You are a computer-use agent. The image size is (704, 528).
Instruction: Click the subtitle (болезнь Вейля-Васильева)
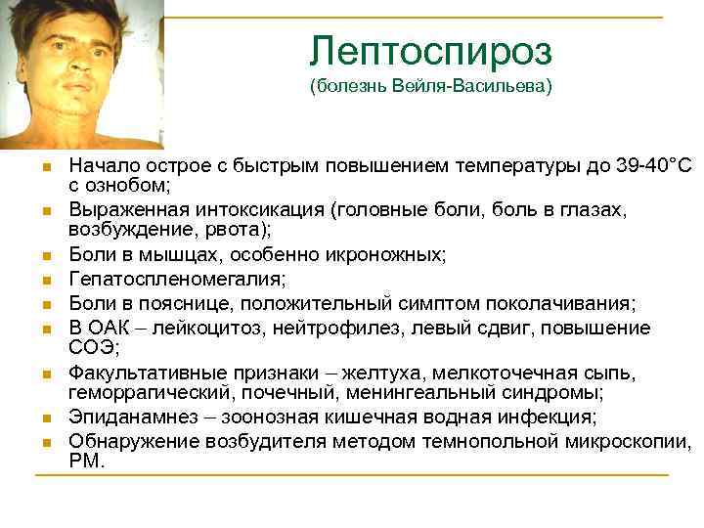[430, 87]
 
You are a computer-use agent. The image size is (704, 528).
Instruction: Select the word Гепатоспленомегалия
[177, 279]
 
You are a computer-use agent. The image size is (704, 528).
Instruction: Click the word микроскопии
[636, 441]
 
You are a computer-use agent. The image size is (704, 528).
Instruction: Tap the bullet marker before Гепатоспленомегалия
[45, 281]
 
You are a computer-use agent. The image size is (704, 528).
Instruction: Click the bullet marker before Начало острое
[45, 168]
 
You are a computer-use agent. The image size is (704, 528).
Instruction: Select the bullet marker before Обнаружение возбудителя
[45, 443]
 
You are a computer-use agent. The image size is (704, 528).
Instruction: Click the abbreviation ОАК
[109, 326]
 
